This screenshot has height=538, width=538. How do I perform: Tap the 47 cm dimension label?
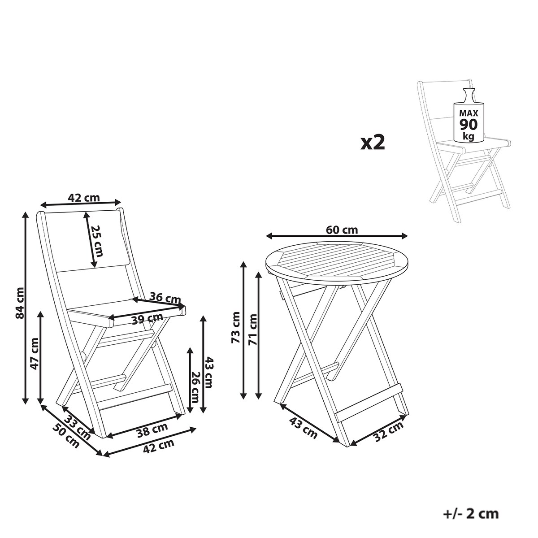pos(35,354)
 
